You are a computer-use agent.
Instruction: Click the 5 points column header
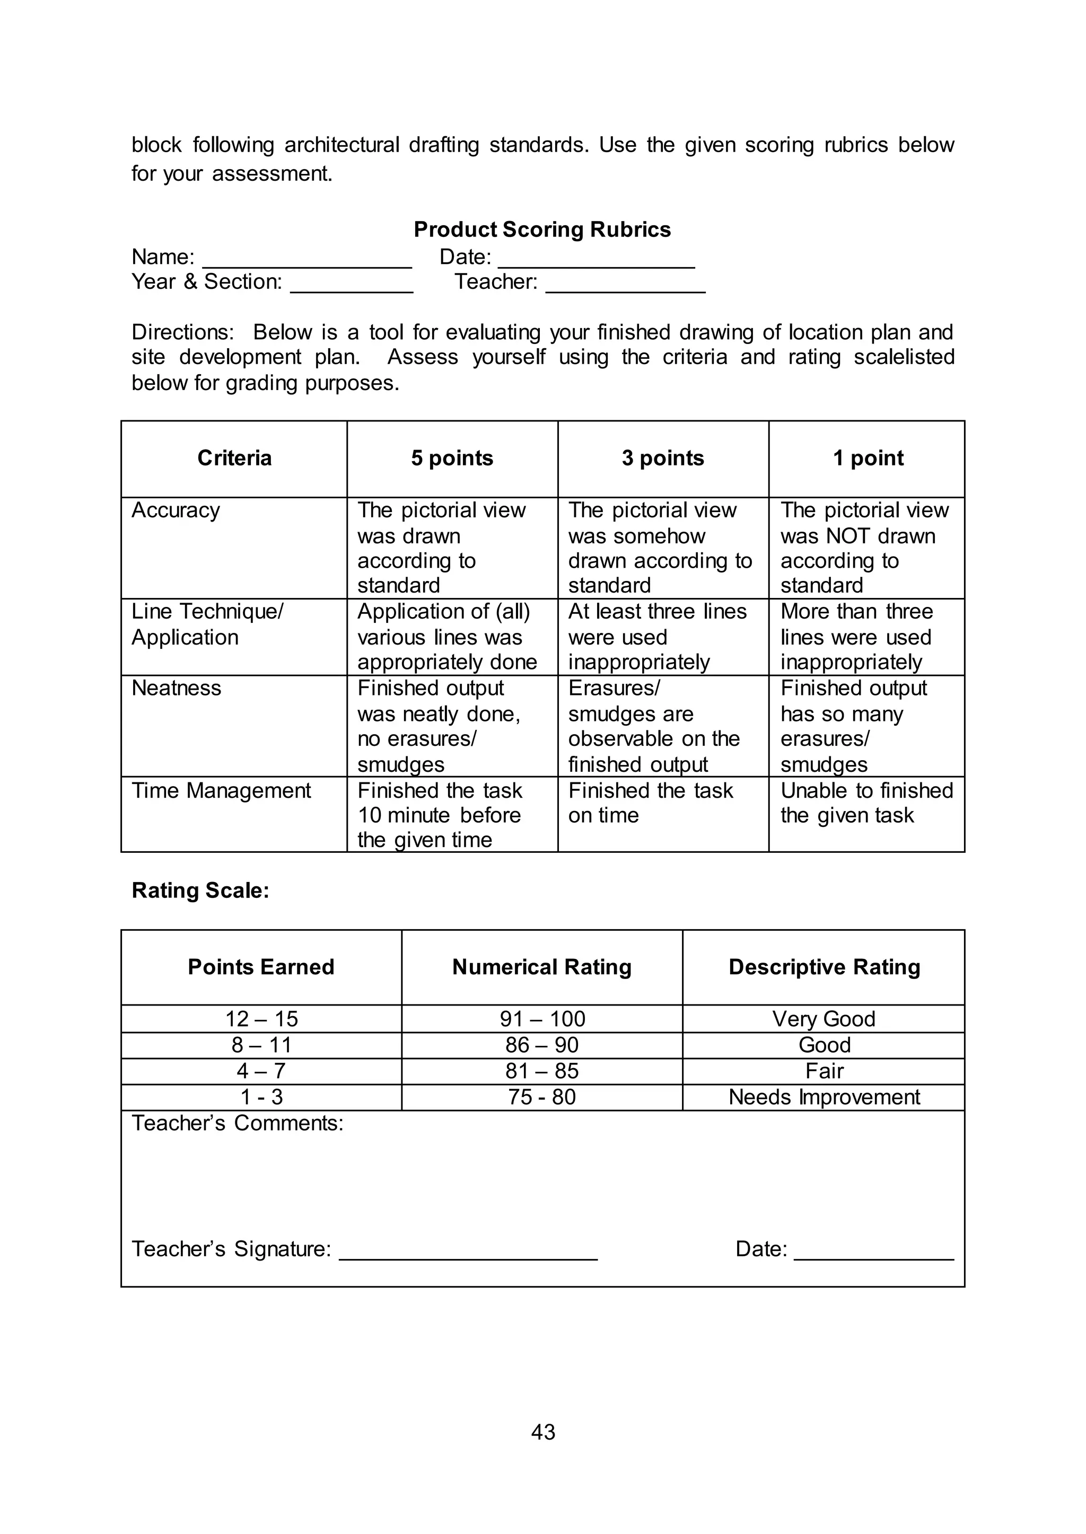(452, 459)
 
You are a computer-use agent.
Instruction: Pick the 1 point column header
(868, 459)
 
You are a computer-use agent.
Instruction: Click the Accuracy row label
(176, 510)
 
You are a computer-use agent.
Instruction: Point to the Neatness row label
(177, 689)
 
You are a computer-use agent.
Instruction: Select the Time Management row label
(221, 791)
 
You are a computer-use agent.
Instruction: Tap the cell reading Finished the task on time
(650, 803)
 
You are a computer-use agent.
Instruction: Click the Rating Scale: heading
(200, 891)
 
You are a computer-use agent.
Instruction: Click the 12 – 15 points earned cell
(261, 1019)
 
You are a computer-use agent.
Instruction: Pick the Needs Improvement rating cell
(824, 1098)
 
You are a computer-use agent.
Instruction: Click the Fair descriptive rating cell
(824, 1071)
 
